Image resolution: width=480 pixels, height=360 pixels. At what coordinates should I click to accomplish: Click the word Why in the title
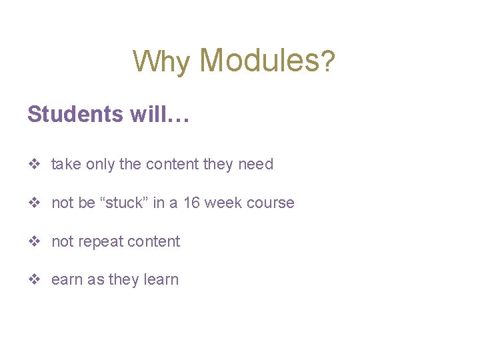click(161, 61)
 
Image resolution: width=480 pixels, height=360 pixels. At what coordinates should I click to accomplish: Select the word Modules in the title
click(259, 60)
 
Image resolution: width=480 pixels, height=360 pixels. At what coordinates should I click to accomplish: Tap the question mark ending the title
click(328, 61)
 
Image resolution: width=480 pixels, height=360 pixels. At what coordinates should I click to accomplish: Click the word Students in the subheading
click(75, 114)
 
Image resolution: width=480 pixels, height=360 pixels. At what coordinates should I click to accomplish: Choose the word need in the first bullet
click(255, 164)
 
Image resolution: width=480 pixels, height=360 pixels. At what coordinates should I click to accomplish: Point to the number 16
click(191, 203)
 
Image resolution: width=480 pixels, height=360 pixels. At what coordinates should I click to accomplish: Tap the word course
click(272, 203)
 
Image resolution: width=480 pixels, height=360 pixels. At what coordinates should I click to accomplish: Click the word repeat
click(99, 241)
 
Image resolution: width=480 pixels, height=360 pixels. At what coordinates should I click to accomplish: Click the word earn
click(67, 280)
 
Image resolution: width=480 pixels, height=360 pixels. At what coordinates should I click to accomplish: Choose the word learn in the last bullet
click(161, 280)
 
